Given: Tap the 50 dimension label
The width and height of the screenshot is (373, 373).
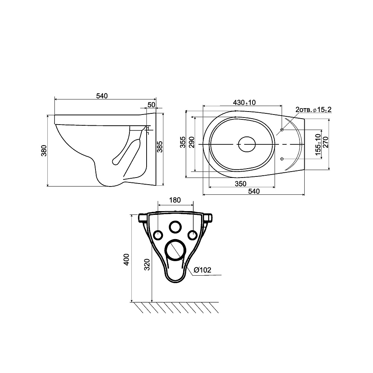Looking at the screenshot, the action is click(151, 105).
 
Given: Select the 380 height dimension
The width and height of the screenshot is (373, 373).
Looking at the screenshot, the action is click(44, 151).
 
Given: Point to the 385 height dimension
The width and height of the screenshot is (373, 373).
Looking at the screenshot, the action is click(160, 147).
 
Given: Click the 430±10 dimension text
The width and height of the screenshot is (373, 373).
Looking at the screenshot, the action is click(244, 103).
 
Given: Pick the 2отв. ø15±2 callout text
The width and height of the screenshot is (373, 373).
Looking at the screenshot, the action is click(313, 110).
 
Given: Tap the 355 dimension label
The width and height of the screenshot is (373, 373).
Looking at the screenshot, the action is click(182, 142).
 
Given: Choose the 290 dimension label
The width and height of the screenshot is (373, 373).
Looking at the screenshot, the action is click(191, 142).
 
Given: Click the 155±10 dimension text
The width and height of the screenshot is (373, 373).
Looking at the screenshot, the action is click(318, 144).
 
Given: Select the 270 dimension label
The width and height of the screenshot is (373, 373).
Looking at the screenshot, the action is click(325, 142).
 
